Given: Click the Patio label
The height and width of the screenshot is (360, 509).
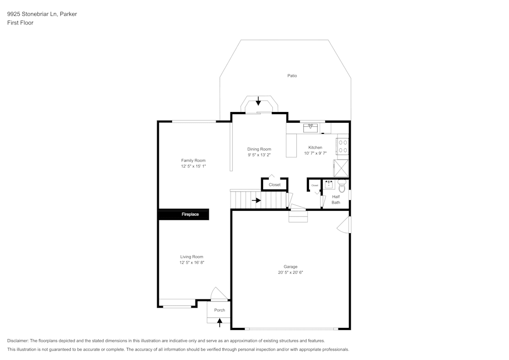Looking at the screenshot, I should click(x=292, y=76).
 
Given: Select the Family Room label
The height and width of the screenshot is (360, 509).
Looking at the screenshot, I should click(x=193, y=160).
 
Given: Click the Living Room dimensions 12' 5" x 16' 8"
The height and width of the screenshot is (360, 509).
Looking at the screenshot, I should click(x=191, y=263).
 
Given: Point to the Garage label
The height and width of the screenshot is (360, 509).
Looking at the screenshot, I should click(x=291, y=266).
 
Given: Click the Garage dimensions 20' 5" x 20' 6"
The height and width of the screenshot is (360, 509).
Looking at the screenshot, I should click(x=291, y=272).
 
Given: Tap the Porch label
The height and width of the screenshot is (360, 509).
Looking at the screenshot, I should click(x=219, y=310).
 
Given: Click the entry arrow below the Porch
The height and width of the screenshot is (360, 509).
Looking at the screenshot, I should click(x=219, y=322).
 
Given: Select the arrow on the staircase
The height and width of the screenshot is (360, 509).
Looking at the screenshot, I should click(x=257, y=200).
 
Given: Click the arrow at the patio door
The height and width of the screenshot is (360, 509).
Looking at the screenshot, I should click(x=258, y=101).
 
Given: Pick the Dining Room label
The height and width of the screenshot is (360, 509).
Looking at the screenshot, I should click(x=259, y=149).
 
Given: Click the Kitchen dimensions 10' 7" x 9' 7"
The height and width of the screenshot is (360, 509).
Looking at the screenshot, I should click(x=315, y=153).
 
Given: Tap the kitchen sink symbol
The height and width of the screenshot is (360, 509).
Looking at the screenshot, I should click(x=310, y=128).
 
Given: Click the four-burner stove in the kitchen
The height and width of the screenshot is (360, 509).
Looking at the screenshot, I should click(x=343, y=147).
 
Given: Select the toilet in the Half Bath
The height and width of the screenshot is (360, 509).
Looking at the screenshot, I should click(x=342, y=188).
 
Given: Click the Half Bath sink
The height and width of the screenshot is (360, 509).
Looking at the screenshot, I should click(x=329, y=185).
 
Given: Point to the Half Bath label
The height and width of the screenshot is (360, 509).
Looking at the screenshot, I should click(x=336, y=200).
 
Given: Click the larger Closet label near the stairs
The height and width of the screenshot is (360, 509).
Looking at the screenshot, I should click(x=274, y=185).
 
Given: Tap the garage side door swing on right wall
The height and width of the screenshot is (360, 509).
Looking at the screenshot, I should click(x=345, y=225).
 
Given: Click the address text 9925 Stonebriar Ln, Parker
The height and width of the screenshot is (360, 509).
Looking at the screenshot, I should click(x=42, y=14).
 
